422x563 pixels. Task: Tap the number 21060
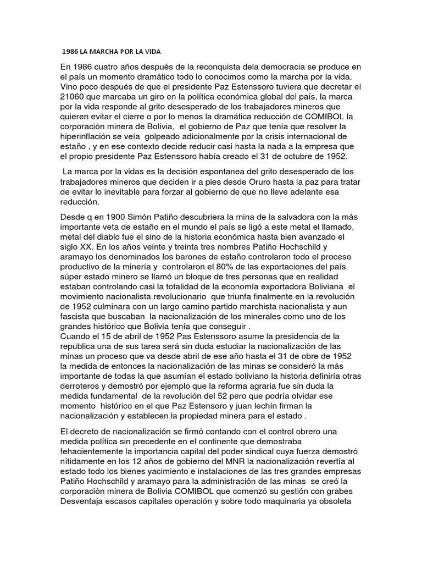pyautogui.click(x=74, y=97)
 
